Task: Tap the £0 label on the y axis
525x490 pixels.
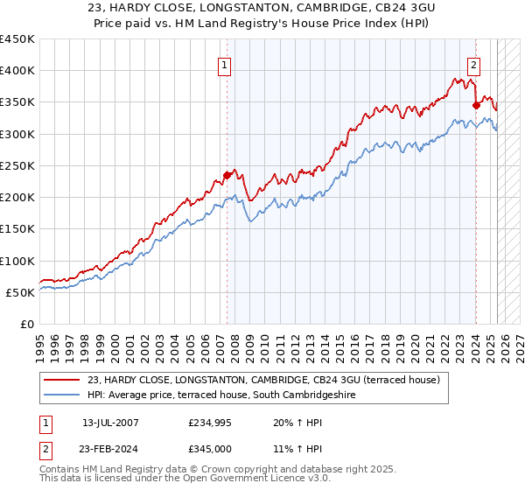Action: click(28, 324)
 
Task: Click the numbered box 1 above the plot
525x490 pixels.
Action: click(225, 65)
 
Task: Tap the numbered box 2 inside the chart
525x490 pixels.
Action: click(473, 65)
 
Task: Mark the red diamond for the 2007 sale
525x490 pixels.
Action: click(227, 175)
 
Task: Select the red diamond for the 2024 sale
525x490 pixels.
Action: click(477, 106)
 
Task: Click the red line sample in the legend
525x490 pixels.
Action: click(61, 380)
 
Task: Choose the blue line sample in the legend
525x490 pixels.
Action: click(61, 395)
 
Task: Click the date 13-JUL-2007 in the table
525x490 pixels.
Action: click(110, 423)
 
